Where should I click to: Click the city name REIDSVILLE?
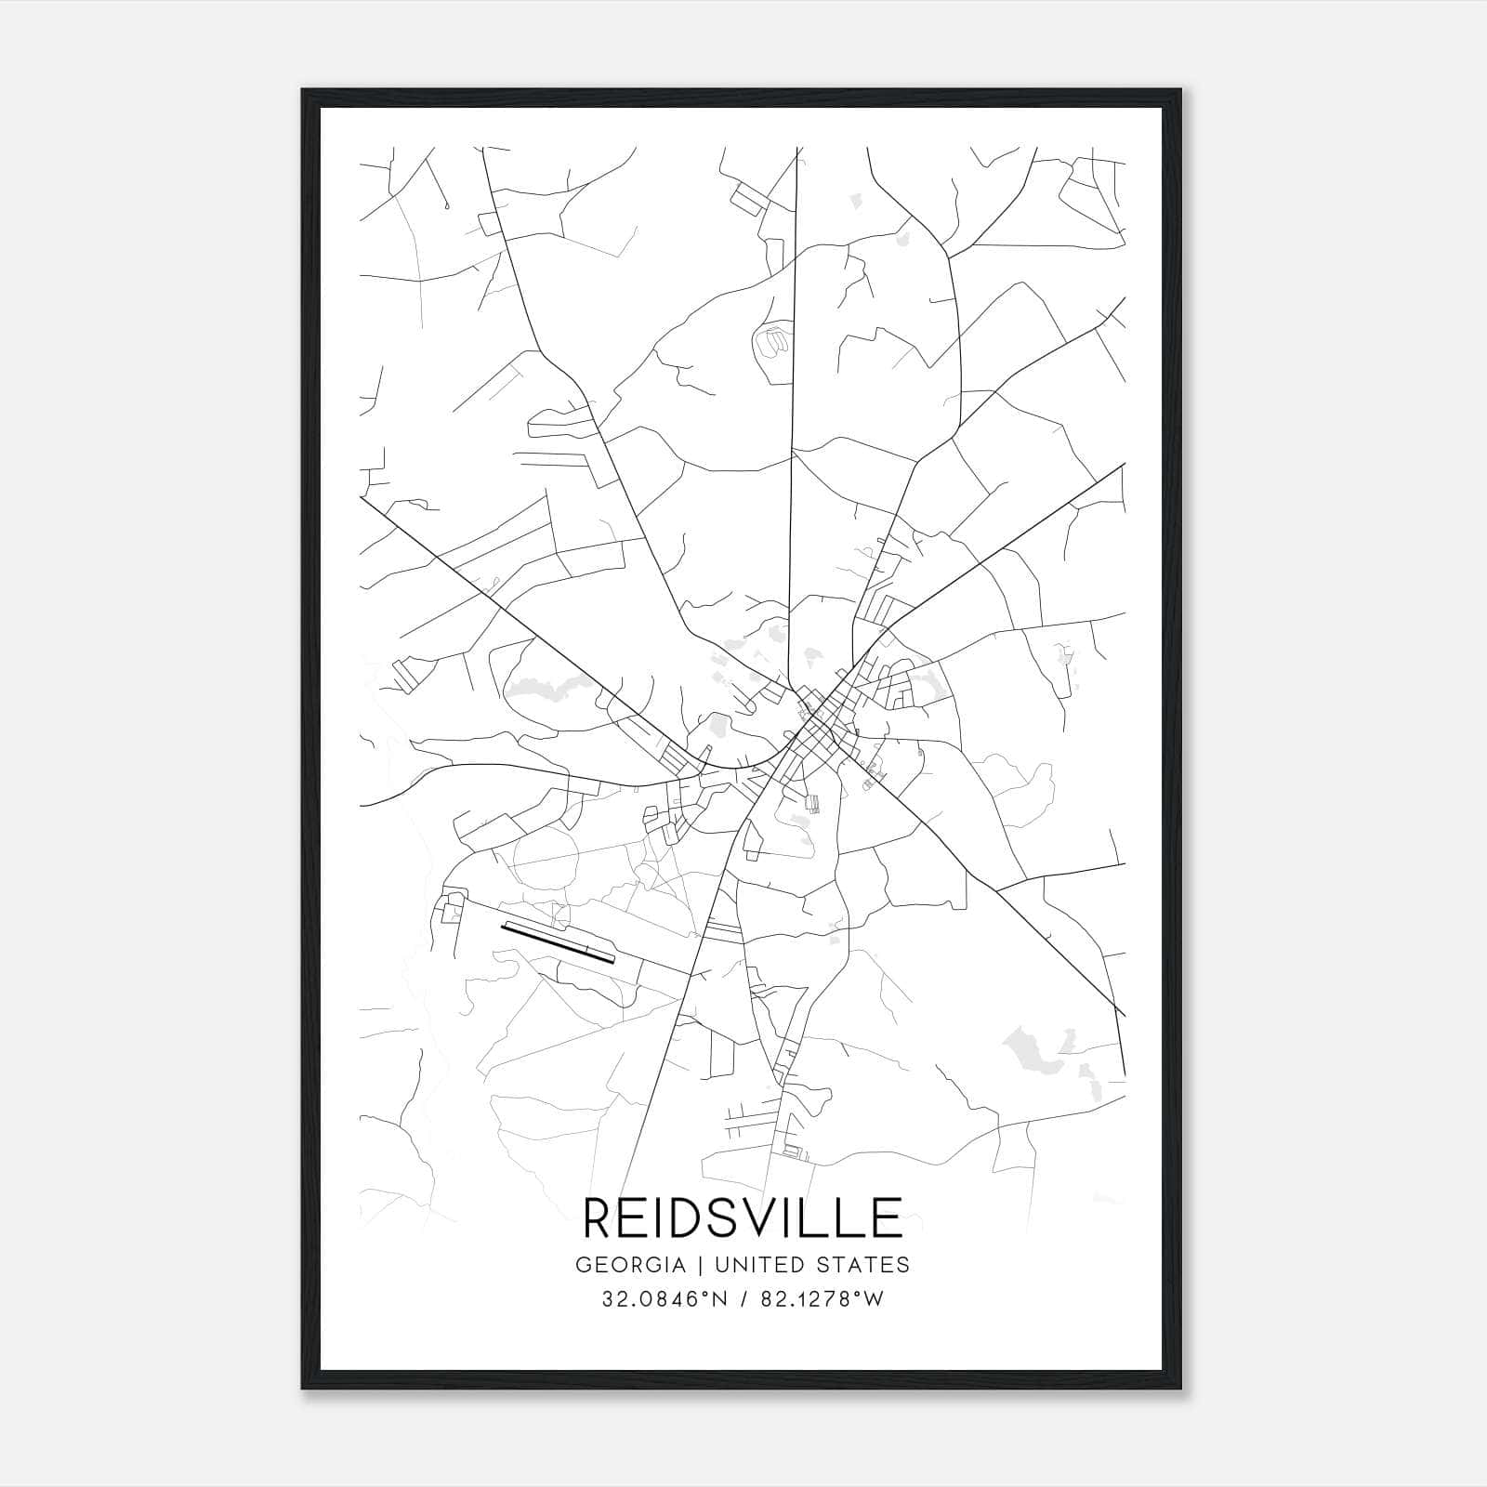[743, 1217]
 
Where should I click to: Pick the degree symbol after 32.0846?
[695, 1294]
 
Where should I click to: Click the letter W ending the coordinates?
[874, 1299]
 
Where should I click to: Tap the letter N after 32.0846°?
[708, 1299]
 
